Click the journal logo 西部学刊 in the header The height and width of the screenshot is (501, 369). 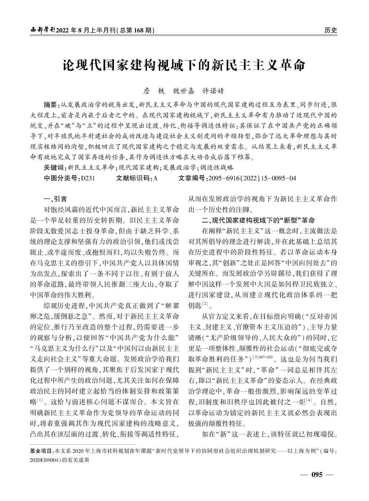[x=43, y=30]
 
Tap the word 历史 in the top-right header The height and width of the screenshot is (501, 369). [x=330, y=30]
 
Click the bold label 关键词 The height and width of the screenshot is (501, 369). [x=54, y=167]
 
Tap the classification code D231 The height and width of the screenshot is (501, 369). [x=88, y=178]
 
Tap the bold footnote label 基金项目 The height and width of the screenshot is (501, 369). [x=40, y=451]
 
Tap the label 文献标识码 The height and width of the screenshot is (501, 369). [x=134, y=178]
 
